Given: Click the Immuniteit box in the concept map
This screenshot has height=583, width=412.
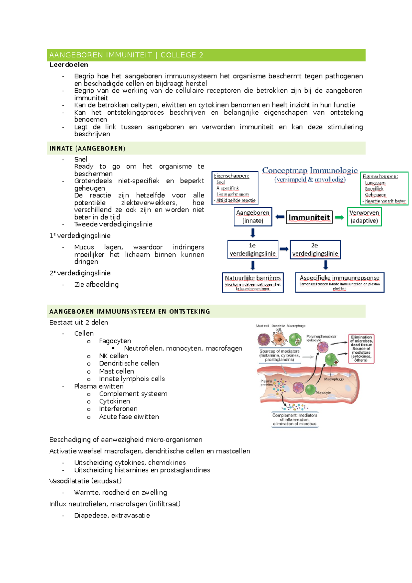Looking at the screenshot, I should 309,217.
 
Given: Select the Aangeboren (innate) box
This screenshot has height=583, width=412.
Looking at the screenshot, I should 253,217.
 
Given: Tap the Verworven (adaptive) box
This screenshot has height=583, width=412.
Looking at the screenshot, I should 364,217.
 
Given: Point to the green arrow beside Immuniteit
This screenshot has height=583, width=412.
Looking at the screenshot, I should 339,217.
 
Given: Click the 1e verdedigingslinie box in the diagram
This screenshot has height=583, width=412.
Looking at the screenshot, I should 253,250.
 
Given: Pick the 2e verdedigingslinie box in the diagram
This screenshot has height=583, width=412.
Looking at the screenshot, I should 315,250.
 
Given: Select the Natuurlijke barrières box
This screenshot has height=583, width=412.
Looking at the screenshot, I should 253,282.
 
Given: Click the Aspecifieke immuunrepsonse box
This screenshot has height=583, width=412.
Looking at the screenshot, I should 340,282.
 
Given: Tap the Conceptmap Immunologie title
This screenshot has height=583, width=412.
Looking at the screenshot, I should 310,171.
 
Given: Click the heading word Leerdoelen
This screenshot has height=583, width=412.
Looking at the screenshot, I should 69,65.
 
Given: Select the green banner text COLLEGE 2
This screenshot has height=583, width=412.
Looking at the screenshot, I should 182,55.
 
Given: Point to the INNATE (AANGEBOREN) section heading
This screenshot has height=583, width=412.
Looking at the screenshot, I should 87,148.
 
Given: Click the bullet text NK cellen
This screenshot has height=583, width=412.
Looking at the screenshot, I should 113,356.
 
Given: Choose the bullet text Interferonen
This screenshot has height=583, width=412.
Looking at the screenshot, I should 118,409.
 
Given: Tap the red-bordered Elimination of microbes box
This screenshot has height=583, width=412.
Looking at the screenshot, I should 361,348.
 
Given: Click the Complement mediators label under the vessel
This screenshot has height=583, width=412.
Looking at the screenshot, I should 295,419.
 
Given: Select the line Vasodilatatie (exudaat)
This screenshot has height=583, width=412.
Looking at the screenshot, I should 85,481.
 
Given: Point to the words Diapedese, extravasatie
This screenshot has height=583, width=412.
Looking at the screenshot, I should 112,515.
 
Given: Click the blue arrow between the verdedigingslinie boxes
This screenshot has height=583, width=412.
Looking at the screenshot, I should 284,249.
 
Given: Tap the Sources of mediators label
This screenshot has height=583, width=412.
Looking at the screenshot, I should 279,355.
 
